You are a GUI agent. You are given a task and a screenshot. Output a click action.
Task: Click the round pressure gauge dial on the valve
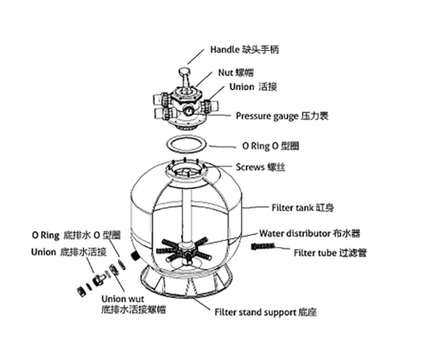pyautogui.click(x=189, y=111)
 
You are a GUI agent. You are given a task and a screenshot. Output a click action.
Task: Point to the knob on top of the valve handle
pyautogui.click(x=184, y=70)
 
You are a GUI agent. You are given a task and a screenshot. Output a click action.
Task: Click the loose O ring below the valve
pyautogui.click(x=187, y=152)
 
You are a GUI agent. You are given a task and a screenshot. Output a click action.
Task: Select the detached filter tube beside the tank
pyautogui.click(x=263, y=247)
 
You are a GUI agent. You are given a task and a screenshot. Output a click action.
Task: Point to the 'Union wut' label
pyautogui.click(x=123, y=299)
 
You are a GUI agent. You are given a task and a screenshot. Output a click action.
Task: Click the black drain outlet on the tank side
pyautogui.click(x=135, y=256)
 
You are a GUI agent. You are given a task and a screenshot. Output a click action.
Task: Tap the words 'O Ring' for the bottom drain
pyautogui.click(x=46, y=235)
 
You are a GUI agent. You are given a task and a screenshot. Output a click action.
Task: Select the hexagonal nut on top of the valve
pyautogui.click(x=186, y=95)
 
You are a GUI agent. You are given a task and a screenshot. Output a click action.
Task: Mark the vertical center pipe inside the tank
pyautogui.click(x=187, y=214)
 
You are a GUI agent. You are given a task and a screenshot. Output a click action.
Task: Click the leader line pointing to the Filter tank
pyautogui.click(x=256, y=207)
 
